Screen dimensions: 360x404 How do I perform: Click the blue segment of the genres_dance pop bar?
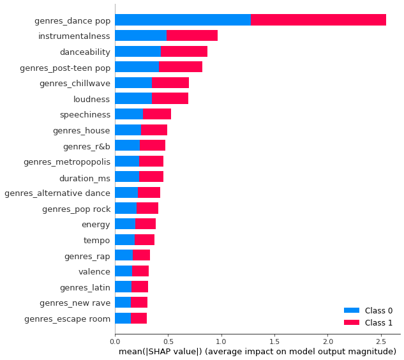pyautogui.click(x=183, y=20)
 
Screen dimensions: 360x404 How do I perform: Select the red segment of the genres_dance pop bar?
pyautogui.click(x=318, y=20)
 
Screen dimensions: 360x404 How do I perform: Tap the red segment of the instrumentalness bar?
pyautogui.click(x=192, y=36)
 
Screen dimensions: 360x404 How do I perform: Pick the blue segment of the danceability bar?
pyautogui.click(x=137, y=51)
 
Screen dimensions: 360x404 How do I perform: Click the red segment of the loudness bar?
pyautogui.click(x=170, y=98)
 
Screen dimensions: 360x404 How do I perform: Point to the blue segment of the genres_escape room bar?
pyautogui.click(x=123, y=318)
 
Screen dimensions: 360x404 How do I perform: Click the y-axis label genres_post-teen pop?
pyautogui.click(x=75, y=67)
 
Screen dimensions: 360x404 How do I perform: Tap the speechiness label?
pyautogui.click(x=85, y=114)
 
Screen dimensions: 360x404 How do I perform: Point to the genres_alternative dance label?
pyautogui.click(x=57, y=193)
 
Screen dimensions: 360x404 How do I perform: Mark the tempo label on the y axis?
pyautogui.click(x=96, y=240)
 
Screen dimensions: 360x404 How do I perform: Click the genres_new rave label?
pyautogui.click(x=75, y=302)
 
